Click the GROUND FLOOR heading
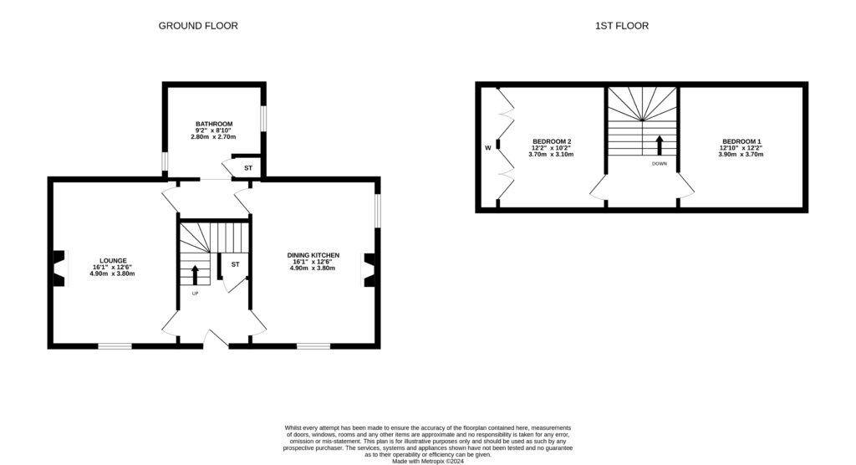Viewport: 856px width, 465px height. click(198, 26)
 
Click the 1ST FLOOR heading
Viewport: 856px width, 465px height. click(621, 26)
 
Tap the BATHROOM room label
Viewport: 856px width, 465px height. click(214, 124)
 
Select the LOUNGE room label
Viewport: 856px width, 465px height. click(114, 260)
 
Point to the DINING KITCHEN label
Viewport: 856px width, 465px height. click(313, 254)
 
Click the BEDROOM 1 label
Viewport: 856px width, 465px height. click(741, 141)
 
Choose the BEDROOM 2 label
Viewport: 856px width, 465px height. click(552, 141)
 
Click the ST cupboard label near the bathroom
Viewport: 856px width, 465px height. click(247, 168)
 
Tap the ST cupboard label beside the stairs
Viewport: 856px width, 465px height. click(235, 265)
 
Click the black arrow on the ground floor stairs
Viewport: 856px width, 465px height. click(196, 274)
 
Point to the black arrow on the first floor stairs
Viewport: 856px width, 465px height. click(660, 144)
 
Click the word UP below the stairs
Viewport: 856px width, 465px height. click(196, 294)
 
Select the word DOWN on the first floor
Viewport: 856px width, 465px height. click(660, 164)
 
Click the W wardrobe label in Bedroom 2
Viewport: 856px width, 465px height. click(487, 148)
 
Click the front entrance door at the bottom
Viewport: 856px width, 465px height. click(216, 338)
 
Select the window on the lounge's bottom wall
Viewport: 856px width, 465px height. click(115, 345)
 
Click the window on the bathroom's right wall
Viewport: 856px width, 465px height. click(263, 118)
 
